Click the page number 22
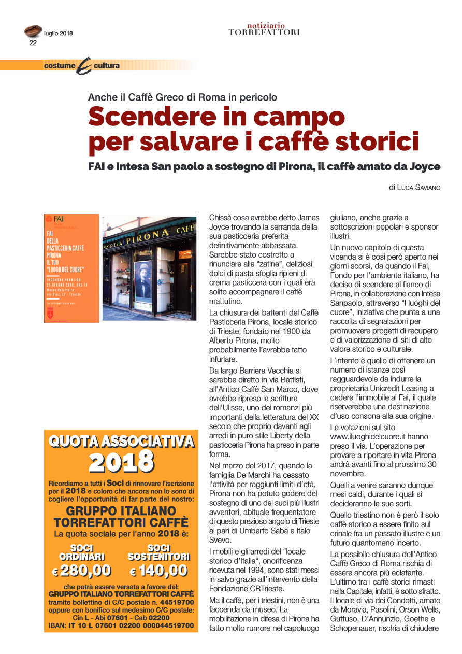(33, 43)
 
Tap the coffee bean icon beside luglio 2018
(33, 32)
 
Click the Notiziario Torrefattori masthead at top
(264, 29)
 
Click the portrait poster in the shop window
(144, 284)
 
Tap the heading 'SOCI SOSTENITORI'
(158, 552)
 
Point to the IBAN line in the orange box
(121, 626)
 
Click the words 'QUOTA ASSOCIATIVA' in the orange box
(121, 442)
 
